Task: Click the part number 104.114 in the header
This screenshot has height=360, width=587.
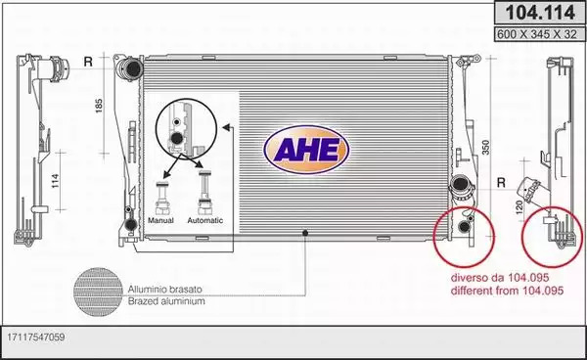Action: click(x=540, y=13)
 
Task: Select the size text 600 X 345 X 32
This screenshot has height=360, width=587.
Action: click(x=537, y=34)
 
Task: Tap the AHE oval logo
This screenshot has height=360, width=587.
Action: click(x=306, y=150)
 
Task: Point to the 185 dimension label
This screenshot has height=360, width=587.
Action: click(x=99, y=106)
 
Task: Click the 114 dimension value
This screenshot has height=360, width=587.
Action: click(x=55, y=181)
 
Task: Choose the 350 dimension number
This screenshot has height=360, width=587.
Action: click(x=485, y=147)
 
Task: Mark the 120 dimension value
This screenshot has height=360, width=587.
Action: click(x=519, y=208)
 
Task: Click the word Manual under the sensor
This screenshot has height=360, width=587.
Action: click(x=160, y=220)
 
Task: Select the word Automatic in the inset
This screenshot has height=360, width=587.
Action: click(x=205, y=220)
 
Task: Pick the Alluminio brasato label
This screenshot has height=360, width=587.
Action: click(x=164, y=290)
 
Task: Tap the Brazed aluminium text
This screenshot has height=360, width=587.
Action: click(x=166, y=301)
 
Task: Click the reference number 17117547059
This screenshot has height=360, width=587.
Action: click(x=36, y=337)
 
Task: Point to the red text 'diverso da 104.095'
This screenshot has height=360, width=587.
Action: click(x=500, y=278)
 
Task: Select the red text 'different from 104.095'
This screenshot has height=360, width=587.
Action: click(x=507, y=291)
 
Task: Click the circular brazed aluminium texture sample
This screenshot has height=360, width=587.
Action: click(x=98, y=292)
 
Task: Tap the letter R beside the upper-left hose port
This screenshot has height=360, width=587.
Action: click(x=88, y=62)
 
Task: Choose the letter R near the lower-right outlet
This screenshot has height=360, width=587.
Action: click(x=501, y=183)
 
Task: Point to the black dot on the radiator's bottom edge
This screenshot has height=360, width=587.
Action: click(x=305, y=233)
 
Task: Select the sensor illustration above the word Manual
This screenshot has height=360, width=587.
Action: click(x=162, y=198)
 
